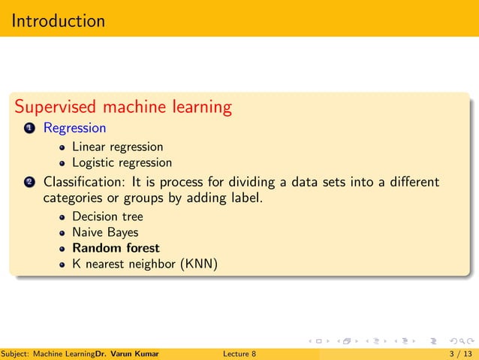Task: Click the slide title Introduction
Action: point(59,20)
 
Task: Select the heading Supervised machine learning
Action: point(123,107)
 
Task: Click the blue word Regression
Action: point(74,128)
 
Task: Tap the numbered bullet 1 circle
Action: point(29,129)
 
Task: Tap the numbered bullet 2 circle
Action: point(29,183)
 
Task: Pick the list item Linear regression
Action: point(117,146)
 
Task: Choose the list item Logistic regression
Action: point(122,162)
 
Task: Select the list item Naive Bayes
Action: point(105,232)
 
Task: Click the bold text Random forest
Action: point(116,248)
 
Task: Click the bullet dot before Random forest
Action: point(63,249)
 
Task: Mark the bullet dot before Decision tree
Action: point(63,217)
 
